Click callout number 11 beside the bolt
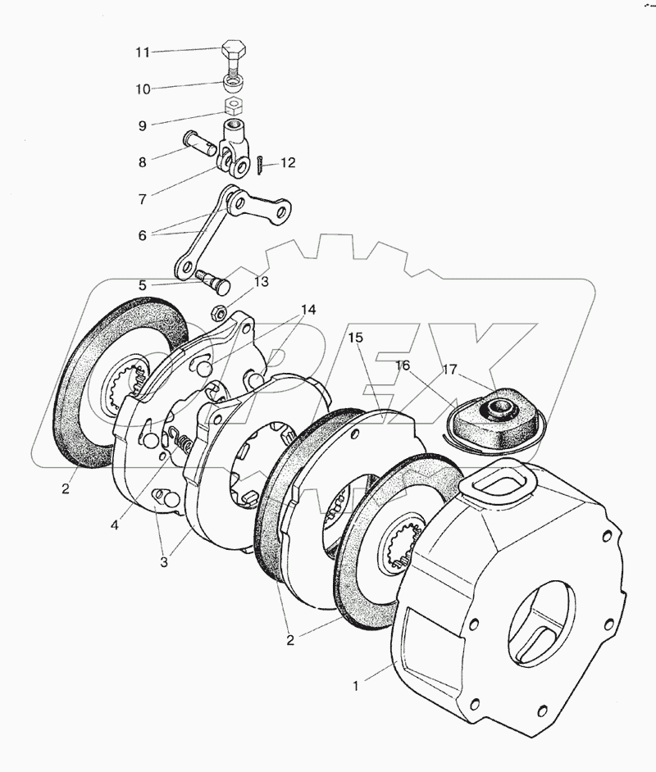[x=143, y=52]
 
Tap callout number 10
[x=143, y=88]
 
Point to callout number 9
[x=143, y=127]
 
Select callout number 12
[x=287, y=163]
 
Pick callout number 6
[x=143, y=235]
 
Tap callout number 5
[x=143, y=286]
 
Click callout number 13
[x=261, y=282]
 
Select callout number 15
[x=353, y=337]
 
